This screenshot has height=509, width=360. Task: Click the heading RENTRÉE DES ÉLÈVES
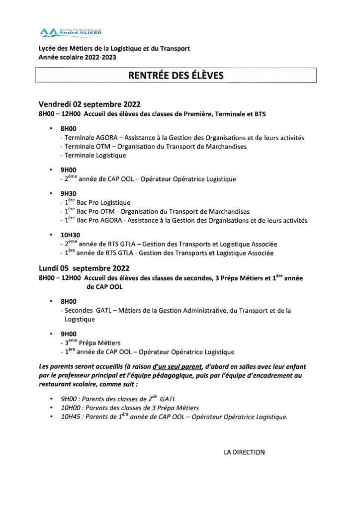tap(176, 76)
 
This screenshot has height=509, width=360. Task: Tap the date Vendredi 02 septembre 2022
tap(90, 104)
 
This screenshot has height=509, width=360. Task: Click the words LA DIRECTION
tap(244, 452)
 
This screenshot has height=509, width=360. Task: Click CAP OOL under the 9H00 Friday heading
tap(120, 179)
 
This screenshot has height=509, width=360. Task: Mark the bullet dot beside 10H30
tap(51, 235)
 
